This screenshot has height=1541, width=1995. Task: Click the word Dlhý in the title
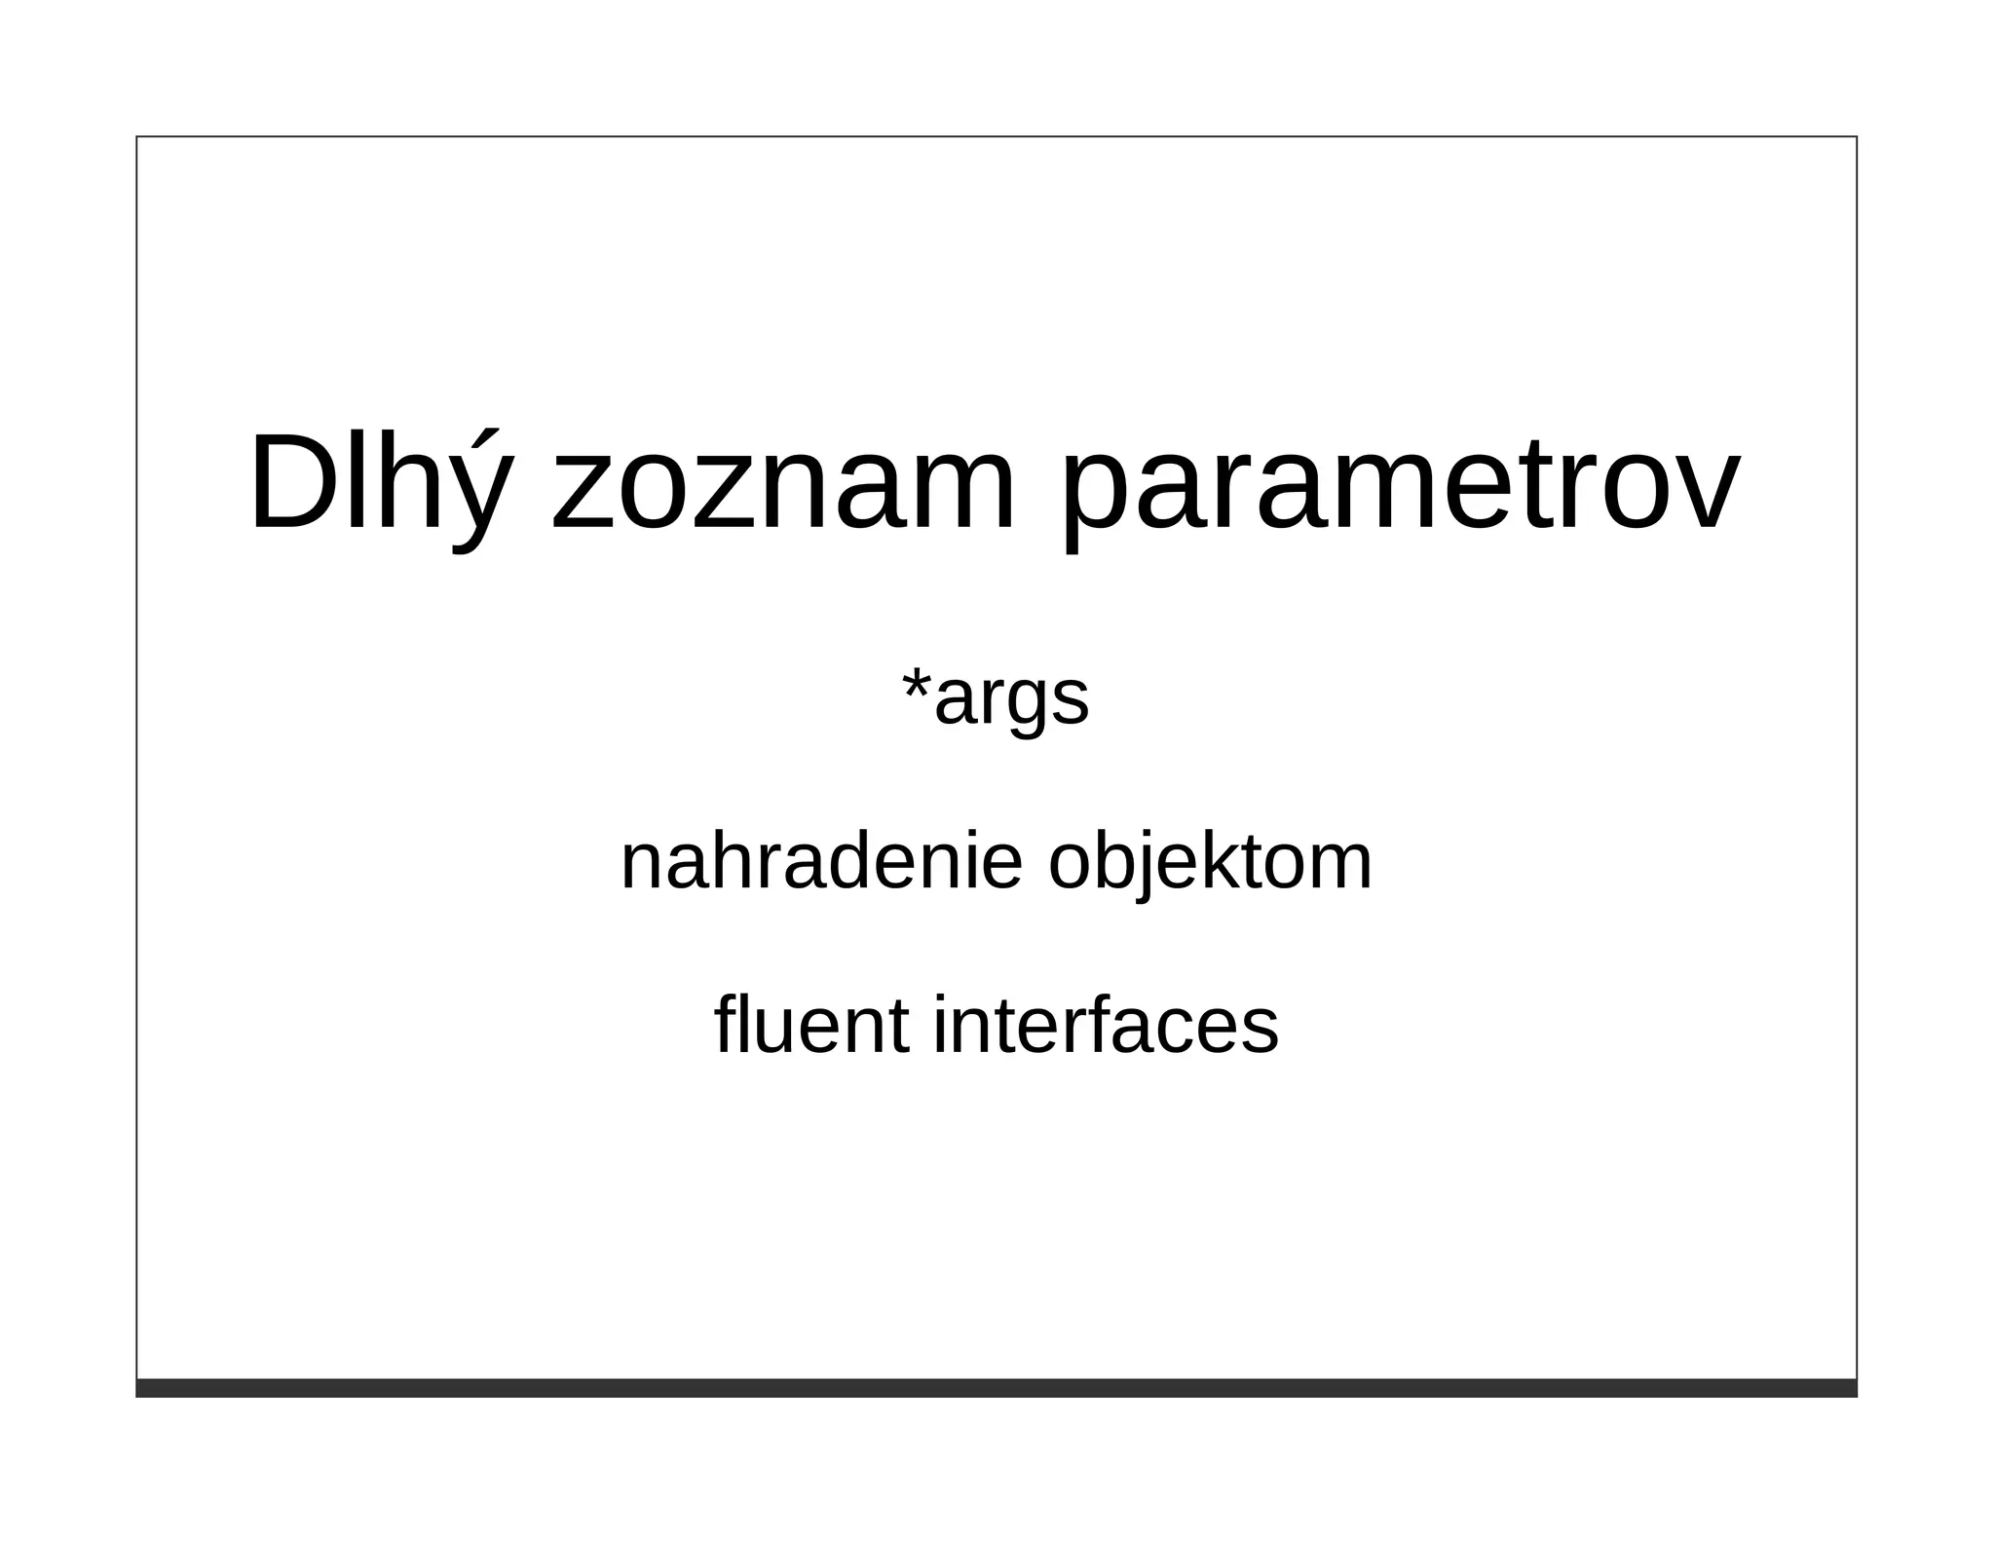tap(380, 483)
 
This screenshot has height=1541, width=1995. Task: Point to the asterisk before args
tap(916, 683)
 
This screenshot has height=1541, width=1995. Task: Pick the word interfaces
tap(1106, 1025)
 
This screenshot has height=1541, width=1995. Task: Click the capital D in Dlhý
tap(292, 483)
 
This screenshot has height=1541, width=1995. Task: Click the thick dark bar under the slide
tap(996, 1388)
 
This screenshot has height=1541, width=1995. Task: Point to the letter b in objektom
tap(1110, 861)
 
